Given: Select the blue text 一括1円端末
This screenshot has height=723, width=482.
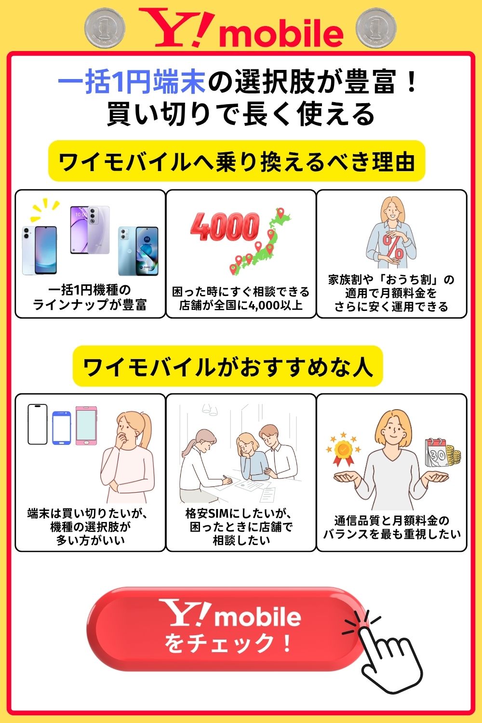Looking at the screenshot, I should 132,82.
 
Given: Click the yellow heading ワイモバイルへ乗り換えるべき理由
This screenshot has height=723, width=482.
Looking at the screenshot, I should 237,161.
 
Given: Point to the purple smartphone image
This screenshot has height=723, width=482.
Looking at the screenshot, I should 90,230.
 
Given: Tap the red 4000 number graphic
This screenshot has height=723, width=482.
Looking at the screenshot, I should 225,227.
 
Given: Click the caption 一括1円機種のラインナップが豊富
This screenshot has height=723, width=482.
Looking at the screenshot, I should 90,297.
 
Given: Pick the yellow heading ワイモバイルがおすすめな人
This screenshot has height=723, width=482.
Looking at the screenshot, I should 228,366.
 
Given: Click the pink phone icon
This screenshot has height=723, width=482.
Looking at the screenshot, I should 86,426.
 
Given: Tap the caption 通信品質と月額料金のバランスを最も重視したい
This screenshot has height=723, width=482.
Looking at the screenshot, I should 391,527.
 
